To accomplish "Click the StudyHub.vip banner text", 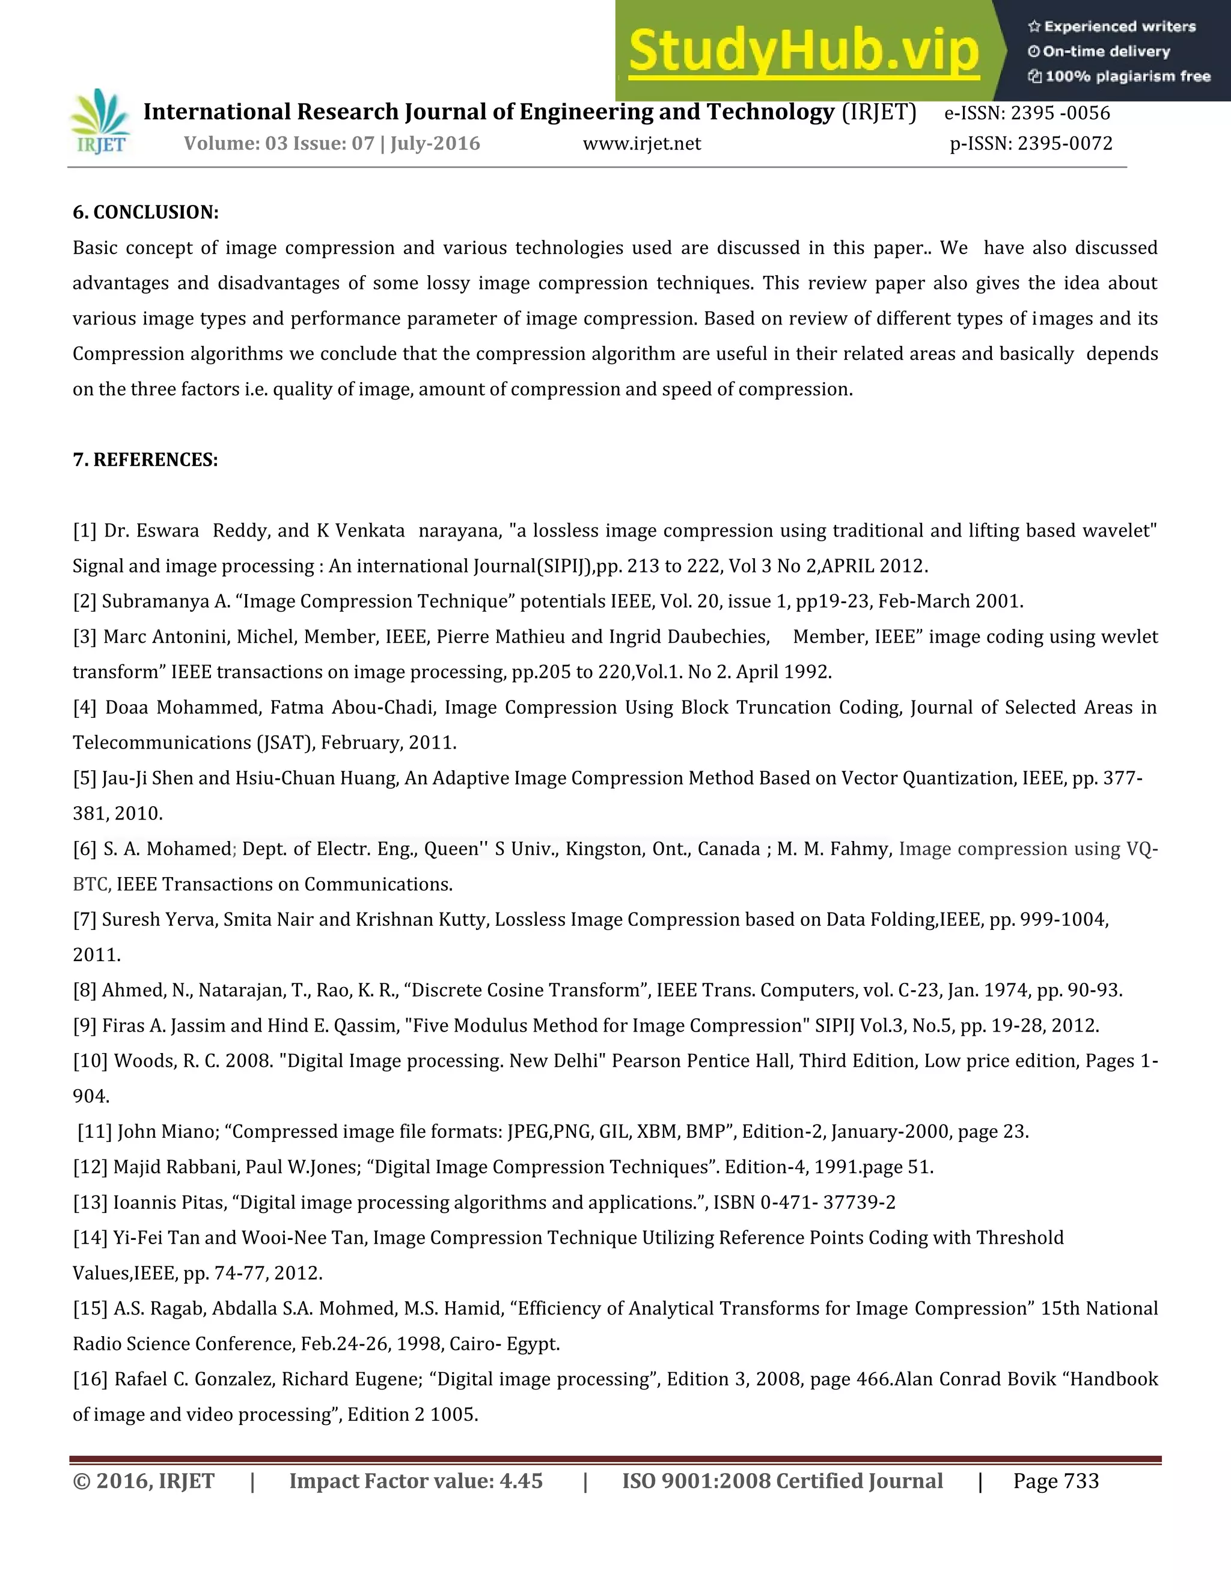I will (803, 51).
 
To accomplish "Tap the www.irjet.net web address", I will (642, 144).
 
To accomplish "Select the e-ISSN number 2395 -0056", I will (1060, 113).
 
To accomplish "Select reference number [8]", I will (85, 990).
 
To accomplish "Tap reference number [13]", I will (90, 1202).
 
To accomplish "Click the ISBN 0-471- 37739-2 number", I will (827, 1202).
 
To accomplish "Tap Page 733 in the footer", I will (1055, 1481).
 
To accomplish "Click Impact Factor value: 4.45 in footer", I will (416, 1481).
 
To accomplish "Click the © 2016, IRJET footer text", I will (144, 1481).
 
